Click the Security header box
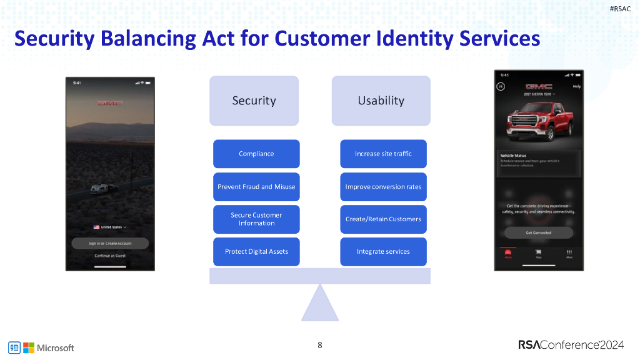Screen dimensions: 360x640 coord(254,101)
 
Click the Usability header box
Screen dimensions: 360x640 coord(381,101)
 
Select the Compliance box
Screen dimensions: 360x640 coord(256,154)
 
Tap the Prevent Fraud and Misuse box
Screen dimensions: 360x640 coord(256,187)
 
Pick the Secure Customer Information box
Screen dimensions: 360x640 coord(256,219)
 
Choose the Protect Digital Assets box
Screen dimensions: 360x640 coord(256,252)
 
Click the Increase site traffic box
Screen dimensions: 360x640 coord(383,154)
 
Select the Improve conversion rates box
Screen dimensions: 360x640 coord(383,187)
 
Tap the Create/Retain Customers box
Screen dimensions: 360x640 coord(383,219)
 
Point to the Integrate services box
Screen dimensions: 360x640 coord(383,252)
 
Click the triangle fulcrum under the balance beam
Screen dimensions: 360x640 coord(320,305)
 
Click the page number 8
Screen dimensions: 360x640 coord(320,345)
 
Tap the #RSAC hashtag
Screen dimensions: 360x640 coord(620,9)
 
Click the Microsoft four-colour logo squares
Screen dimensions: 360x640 coord(29,347)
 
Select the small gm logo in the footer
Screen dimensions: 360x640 coord(14,347)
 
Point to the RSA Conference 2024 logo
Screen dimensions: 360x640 coord(571,345)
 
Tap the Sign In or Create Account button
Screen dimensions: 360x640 coord(110,244)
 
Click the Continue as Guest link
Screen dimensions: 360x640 coord(110,256)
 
